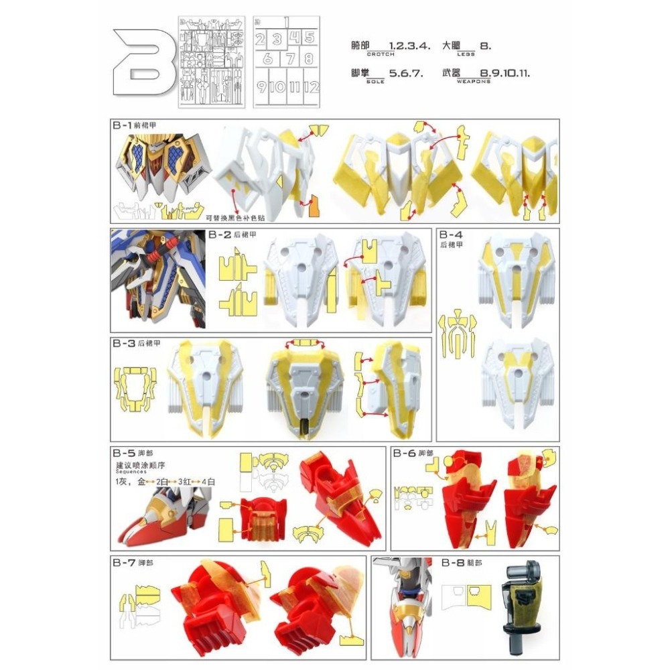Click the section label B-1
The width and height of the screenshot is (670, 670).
[121, 125]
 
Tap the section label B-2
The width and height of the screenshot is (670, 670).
[219, 234]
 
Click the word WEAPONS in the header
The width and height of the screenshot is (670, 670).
[474, 81]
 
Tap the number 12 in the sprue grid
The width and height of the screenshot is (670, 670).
[309, 86]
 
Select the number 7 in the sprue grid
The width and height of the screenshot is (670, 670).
[289, 58]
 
